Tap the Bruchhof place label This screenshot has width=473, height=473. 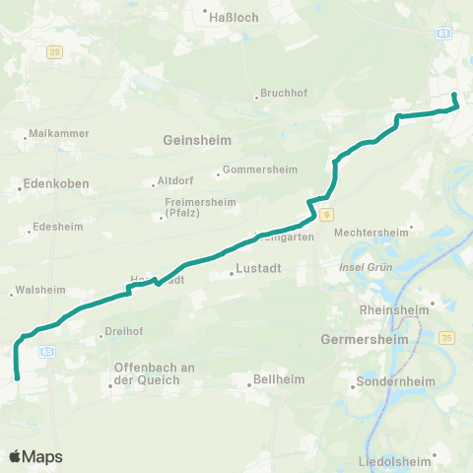coord(285,94)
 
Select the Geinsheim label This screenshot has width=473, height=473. coord(197,141)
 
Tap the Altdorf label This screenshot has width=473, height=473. coord(175,182)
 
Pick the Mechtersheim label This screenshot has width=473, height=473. coord(371,233)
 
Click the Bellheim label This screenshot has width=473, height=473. coord(279,378)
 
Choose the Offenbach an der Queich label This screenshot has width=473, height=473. coord(147,375)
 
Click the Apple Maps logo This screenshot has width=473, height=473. coord(35,456)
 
